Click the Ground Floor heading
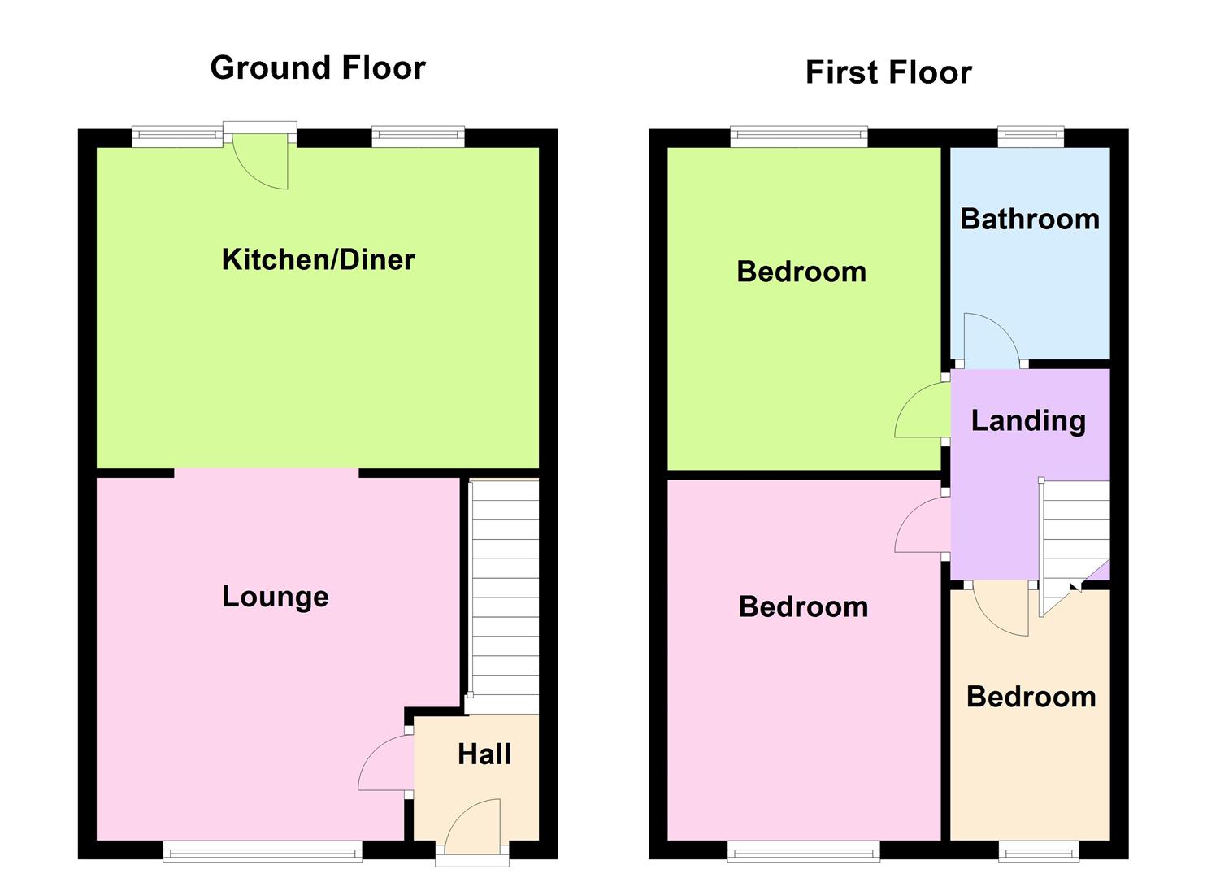click(318, 67)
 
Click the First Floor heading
click(888, 72)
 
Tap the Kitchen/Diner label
click(318, 259)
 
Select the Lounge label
click(276, 597)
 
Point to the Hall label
click(484, 754)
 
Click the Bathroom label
click(1030, 219)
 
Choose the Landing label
click(1028, 420)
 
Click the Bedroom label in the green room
click(801, 272)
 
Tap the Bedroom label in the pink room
click(803, 606)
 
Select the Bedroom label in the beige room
click(1031, 697)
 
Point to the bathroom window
click(1031, 137)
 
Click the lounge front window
click(263, 852)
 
